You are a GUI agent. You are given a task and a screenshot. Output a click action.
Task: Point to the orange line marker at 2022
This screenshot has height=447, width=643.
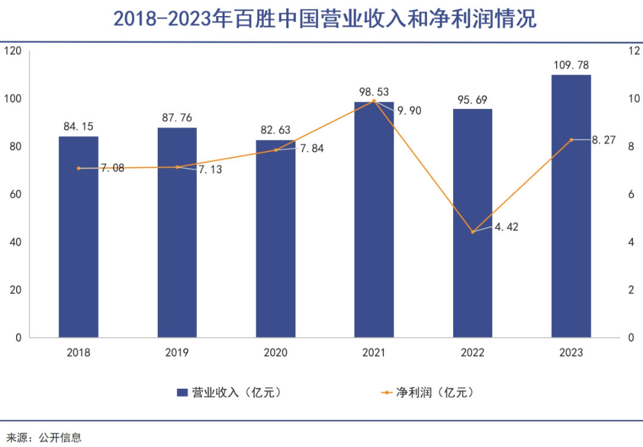point(473,232)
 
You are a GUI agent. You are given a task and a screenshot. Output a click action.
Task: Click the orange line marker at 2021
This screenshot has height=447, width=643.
point(374,101)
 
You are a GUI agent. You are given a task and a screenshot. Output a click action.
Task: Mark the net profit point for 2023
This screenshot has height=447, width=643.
point(571,140)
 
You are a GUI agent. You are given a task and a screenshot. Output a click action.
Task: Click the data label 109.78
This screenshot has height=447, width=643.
point(570,64)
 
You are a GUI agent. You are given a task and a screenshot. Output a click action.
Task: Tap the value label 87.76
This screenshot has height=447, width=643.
point(177,117)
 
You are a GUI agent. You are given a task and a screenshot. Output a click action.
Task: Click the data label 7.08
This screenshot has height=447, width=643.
point(112,168)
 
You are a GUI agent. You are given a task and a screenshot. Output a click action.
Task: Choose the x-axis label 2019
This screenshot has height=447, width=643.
point(177,353)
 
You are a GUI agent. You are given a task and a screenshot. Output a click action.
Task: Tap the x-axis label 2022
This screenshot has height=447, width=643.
point(473,353)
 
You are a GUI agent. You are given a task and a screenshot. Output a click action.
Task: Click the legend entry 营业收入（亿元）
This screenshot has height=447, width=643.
point(229,392)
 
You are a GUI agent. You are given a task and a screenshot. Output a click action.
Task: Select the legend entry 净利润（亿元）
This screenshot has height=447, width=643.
point(429,392)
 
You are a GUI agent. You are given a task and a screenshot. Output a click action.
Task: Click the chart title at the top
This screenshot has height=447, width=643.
point(321,20)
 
